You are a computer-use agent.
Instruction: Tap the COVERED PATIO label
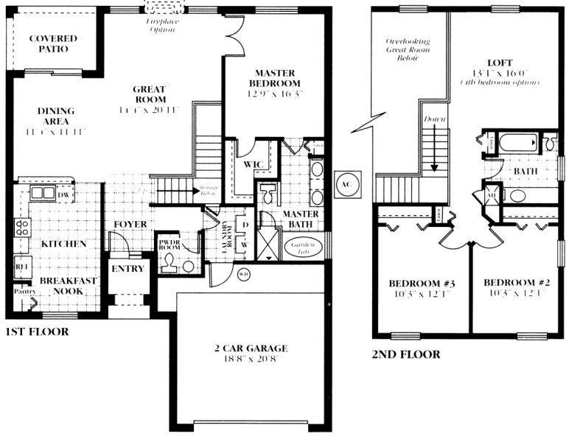click(x=49, y=43)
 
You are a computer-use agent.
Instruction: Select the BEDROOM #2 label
click(x=513, y=283)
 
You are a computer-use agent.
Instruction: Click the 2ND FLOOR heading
click(x=406, y=354)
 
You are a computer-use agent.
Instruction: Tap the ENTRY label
click(x=128, y=269)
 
